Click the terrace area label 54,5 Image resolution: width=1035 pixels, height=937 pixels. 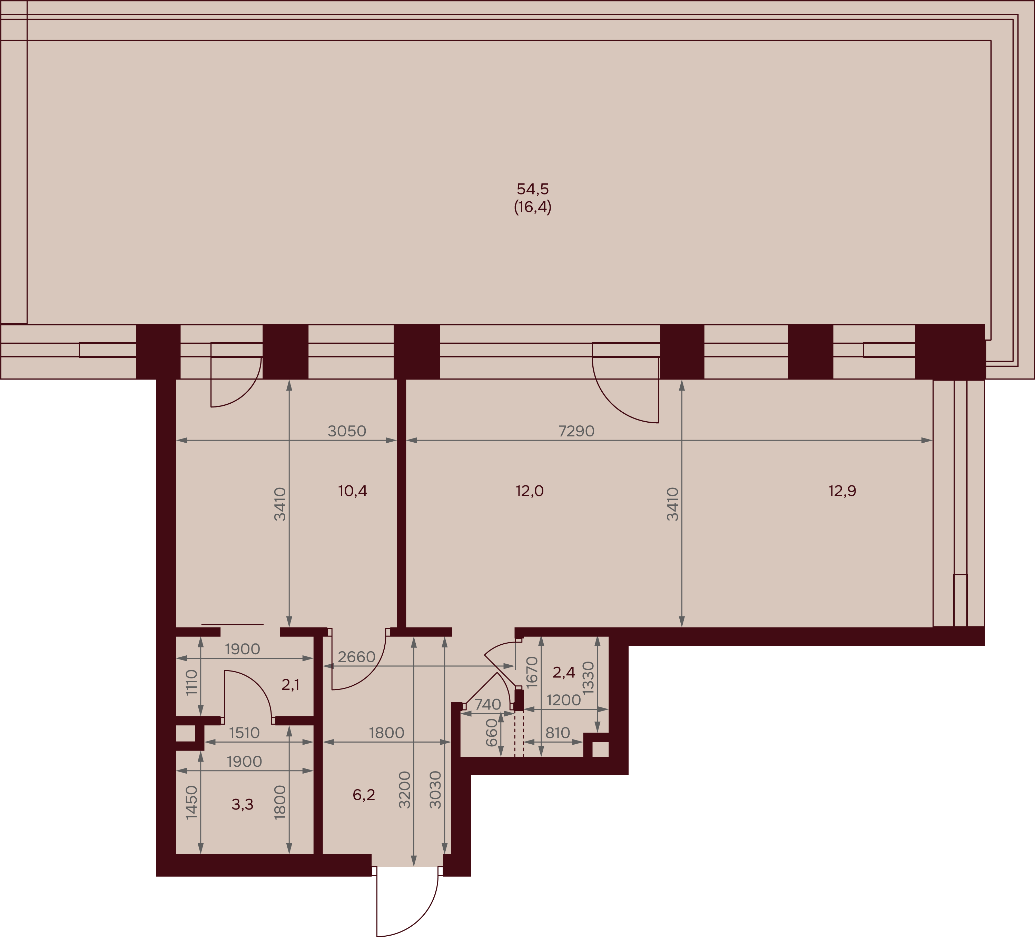click(533, 189)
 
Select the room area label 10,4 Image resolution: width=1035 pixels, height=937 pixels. click(353, 491)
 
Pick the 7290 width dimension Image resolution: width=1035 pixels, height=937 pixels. click(576, 431)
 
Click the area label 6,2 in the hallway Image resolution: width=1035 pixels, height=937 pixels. click(364, 795)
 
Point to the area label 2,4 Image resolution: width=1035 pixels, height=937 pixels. click(564, 672)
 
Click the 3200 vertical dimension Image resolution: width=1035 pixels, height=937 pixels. click(405, 790)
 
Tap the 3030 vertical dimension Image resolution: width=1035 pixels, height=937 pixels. click(435, 790)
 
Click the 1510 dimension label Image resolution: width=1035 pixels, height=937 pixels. click(244, 733)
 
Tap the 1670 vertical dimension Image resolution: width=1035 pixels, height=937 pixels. click(532, 672)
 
